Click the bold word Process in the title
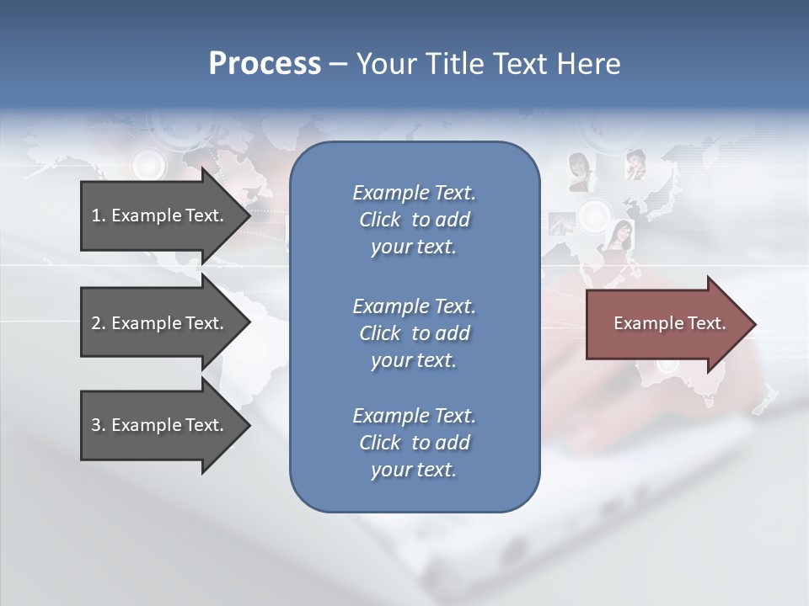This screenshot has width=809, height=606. point(265,64)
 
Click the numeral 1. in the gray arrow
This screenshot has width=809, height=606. point(99,215)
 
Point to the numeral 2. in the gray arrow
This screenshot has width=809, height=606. point(99,323)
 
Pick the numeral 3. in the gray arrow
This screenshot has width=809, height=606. point(99,425)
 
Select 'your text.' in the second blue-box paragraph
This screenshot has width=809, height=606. point(413,360)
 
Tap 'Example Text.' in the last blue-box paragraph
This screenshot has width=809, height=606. point(414,416)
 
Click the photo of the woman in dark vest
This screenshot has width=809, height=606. point(579,172)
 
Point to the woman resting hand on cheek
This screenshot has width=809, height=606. point(635,164)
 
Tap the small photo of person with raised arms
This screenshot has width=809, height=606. point(562,223)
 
